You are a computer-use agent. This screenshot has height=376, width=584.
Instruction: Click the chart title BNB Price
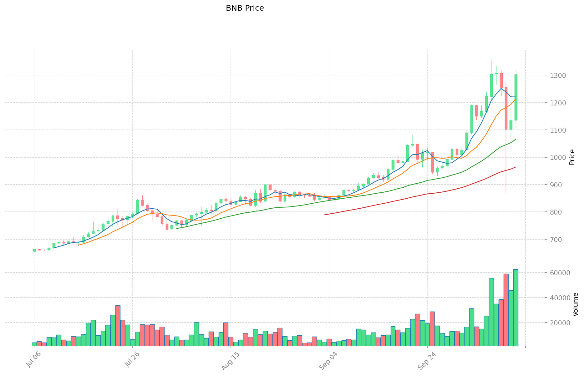245,8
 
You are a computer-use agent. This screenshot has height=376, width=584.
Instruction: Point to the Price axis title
572,157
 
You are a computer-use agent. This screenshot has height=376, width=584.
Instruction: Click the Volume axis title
576,304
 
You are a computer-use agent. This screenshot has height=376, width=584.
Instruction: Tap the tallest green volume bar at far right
515,307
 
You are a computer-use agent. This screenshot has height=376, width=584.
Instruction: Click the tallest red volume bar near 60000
506,310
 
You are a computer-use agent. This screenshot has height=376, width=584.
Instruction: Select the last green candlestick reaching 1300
516,97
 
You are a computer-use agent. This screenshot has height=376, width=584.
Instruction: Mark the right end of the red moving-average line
516,167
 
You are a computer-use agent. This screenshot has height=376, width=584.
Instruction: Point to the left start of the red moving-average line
324,215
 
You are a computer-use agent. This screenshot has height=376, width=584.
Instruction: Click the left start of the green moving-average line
177,228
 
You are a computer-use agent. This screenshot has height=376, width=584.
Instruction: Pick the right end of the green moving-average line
516,139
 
